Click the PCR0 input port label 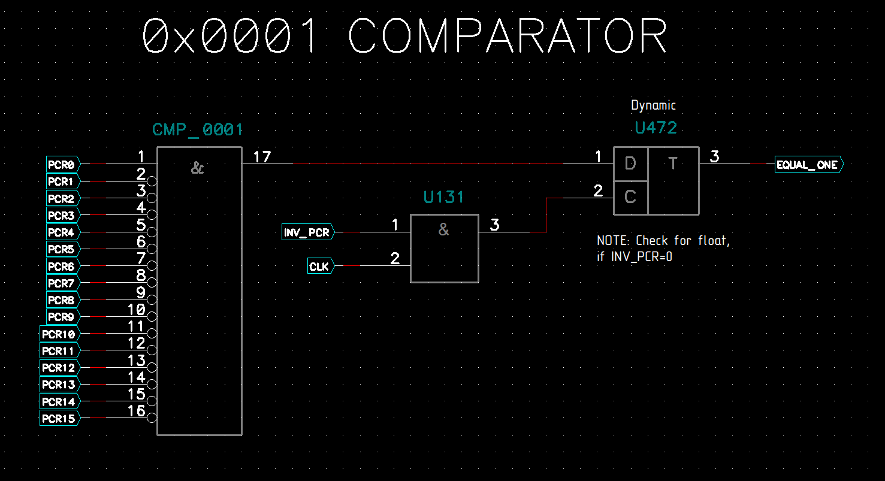point(62,164)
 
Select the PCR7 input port point(62,283)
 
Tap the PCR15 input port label point(59,419)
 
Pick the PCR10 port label point(59,334)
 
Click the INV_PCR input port point(307,232)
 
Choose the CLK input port point(320,267)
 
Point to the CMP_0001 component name point(198,130)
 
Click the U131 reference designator point(444,198)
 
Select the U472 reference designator point(656,128)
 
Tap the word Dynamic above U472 point(653,105)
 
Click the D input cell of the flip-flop point(630,164)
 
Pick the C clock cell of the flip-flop point(630,198)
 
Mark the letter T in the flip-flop point(673,164)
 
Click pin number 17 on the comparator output point(262,157)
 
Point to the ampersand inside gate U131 point(444,229)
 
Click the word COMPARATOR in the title point(508,36)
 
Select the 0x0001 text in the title point(230,36)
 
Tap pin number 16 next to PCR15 point(137,411)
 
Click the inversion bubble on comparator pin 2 point(153,181)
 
